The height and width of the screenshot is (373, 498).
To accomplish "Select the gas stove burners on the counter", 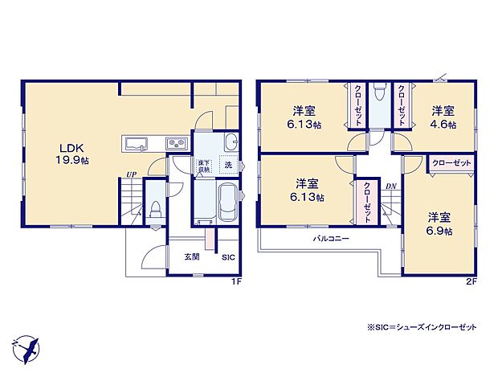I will click(176, 144).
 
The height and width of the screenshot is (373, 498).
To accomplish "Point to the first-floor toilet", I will click(157, 211).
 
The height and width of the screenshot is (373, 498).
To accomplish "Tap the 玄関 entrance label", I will click(191, 257).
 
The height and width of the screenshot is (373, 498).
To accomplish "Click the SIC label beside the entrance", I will click(228, 258).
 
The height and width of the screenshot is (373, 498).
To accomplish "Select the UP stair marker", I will click(129, 175).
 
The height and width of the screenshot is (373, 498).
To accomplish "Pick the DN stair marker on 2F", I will click(390, 187).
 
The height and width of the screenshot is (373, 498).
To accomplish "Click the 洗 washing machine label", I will click(229, 166).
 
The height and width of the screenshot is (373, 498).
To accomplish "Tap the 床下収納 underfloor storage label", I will click(206, 166).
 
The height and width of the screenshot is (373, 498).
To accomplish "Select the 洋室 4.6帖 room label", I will click(443, 117).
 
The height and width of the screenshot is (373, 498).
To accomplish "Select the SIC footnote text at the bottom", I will click(420, 327).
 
